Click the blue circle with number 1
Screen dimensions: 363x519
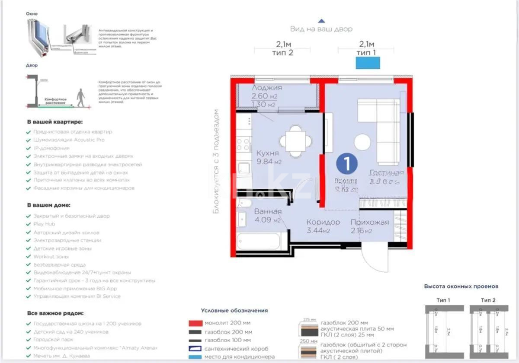click(347, 163)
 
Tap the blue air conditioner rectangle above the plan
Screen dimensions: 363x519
click(368, 63)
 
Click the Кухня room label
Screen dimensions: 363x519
click(267, 153)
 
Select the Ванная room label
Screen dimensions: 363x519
click(268, 212)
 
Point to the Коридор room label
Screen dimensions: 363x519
click(323, 222)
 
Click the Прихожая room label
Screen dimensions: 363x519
click(369, 222)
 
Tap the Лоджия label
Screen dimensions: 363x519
click(264, 88)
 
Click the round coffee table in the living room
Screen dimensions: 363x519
click(362, 142)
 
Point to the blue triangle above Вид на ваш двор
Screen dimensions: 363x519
click(321, 20)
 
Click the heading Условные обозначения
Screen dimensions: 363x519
click(234, 310)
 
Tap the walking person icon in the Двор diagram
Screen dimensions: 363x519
click(81, 98)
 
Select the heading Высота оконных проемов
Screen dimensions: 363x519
click(461, 286)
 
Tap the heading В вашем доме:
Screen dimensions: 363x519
click(48, 205)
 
